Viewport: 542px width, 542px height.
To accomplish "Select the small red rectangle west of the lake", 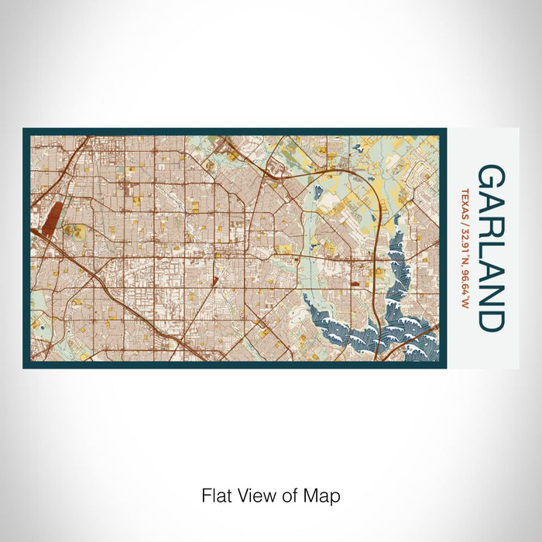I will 355,284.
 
